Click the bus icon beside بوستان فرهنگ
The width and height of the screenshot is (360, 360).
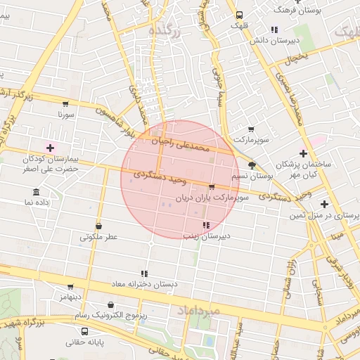[x=240, y=14]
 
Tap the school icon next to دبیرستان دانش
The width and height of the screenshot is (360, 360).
[x=274, y=30]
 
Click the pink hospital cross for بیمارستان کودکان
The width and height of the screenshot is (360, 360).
[x=50, y=148]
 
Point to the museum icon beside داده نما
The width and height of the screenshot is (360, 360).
[x=36, y=192]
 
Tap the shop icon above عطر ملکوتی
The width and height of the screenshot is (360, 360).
[x=98, y=226]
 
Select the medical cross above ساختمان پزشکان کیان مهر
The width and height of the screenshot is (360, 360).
[x=303, y=153]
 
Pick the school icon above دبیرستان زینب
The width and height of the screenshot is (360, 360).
[x=205, y=225]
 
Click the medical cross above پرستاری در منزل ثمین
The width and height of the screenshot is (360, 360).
[x=324, y=204]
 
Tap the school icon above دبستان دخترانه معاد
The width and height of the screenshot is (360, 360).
[x=144, y=273]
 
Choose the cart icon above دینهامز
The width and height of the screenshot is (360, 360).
[x=70, y=287]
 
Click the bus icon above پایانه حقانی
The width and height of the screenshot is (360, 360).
[x=85, y=331]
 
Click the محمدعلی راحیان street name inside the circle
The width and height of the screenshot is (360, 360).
[x=182, y=146]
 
